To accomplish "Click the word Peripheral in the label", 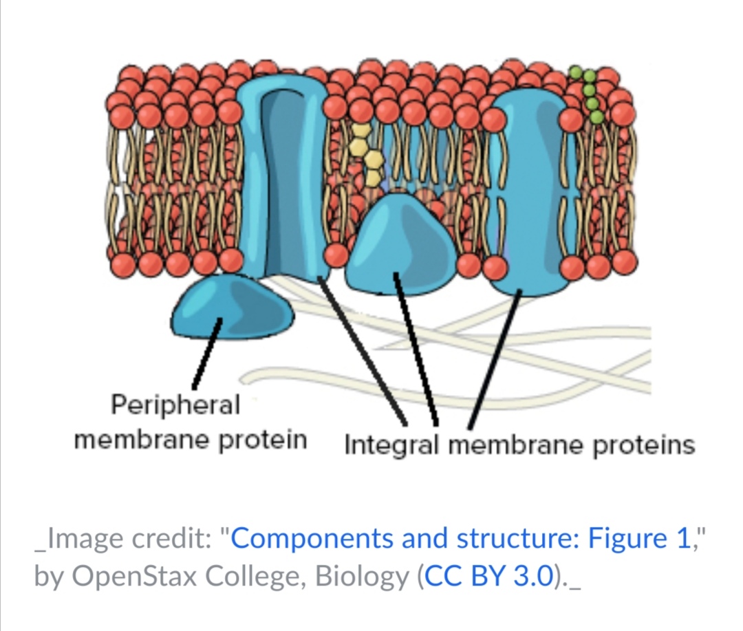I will tap(175, 405).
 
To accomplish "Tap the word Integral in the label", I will tap(391, 445).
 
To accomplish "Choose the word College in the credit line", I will tap(259, 577).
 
